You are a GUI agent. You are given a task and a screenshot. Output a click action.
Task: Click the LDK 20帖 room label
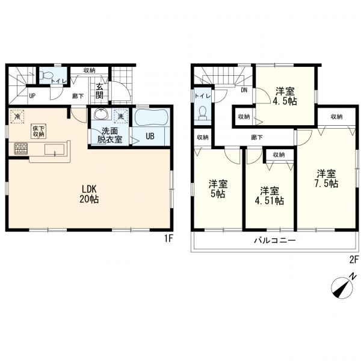(x=89, y=194)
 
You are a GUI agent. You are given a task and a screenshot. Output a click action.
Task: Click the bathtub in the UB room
(x=150, y=117)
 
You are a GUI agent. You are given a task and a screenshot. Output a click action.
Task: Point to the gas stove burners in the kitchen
(x=21, y=148)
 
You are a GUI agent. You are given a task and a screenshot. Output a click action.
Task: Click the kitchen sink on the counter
(x=55, y=149)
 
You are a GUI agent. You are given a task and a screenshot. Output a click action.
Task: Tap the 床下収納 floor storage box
(x=39, y=131)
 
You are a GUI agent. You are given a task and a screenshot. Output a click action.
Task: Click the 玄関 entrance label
(x=99, y=91)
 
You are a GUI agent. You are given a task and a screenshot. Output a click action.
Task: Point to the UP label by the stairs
(x=32, y=96)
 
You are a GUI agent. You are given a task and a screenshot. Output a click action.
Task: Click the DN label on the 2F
(x=244, y=90)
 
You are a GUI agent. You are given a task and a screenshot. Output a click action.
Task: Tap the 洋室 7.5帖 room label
(x=326, y=179)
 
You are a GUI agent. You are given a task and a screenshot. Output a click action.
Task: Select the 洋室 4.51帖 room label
(x=269, y=196)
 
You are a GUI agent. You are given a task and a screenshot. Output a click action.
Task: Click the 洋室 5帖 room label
(x=218, y=189)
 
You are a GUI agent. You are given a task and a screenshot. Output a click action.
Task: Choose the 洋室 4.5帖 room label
(x=285, y=96)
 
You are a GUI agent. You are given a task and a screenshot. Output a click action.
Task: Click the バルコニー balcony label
(x=275, y=241)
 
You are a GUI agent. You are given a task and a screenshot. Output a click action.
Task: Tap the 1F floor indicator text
(x=168, y=238)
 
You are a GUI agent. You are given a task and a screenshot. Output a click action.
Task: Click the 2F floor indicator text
(x=354, y=260)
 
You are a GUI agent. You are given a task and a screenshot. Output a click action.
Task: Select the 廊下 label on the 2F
(x=257, y=137)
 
